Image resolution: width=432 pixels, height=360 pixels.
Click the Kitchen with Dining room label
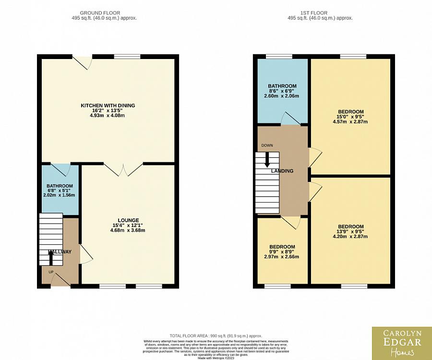point(108,106)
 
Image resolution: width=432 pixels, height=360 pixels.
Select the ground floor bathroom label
point(60,186)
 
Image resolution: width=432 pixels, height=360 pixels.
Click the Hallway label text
point(60,252)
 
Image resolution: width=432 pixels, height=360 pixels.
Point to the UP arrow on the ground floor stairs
point(51,257)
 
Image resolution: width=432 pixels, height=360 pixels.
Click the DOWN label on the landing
point(267,145)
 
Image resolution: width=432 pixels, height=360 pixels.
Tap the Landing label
point(282,171)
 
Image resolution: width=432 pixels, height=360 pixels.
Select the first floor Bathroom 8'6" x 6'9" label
point(282,86)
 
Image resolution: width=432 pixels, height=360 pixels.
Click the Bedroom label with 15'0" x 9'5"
point(350,112)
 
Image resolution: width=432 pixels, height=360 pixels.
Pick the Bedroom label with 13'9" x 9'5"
point(350,227)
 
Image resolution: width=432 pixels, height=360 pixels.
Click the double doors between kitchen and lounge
point(123,168)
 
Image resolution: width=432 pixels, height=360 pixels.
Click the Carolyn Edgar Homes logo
point(401,343)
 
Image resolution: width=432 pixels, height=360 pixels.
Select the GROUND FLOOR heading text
point(100,13)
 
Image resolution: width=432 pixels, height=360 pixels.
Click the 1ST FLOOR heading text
point(320,13)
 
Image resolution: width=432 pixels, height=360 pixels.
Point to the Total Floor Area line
point(216,336)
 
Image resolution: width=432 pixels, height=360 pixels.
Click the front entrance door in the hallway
point(60,280)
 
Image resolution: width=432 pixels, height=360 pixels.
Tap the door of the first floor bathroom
point(290,119)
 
